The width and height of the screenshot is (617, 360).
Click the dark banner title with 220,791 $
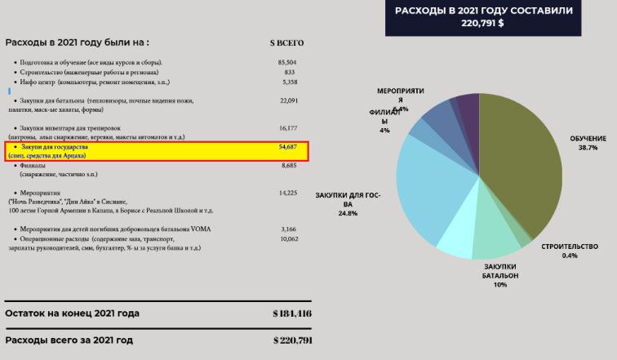[x=483, y=16]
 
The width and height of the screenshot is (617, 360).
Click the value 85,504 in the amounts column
[x=286, y=62]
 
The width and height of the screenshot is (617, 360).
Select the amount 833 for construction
[x=289, y=73]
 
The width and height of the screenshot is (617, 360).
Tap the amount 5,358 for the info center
[x=289, y=82]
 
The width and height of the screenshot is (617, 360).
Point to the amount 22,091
[x=288, y=100]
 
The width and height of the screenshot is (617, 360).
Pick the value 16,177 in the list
[x=288, y=128]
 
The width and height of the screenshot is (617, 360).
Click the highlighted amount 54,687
[x=288, y=146]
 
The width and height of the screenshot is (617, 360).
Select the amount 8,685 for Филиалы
[x=288, y=165]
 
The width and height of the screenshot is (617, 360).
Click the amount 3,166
[x=288, y=229]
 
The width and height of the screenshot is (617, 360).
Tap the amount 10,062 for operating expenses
[x=288, y=239]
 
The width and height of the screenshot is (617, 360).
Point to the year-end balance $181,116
[x=291, y=313]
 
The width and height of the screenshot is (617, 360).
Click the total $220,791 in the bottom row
[x=291, y=340]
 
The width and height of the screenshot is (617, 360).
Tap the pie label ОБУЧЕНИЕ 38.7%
[x=588, y=144]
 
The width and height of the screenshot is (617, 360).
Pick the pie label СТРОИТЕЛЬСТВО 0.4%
[x=569, y=251]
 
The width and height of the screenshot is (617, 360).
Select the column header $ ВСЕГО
[x=286, y=42]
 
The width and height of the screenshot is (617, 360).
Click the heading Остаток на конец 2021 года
[x=72, y=313]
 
